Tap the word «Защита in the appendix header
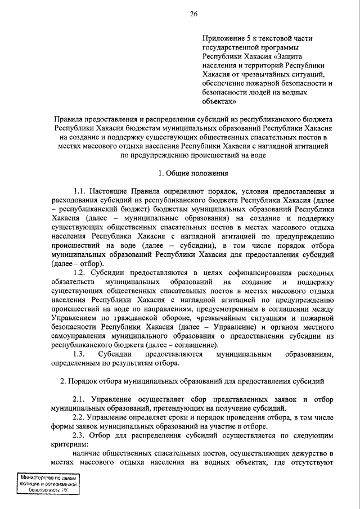click(297, 56)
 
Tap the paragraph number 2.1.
click(82, 399)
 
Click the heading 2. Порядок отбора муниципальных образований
click(192, 381)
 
